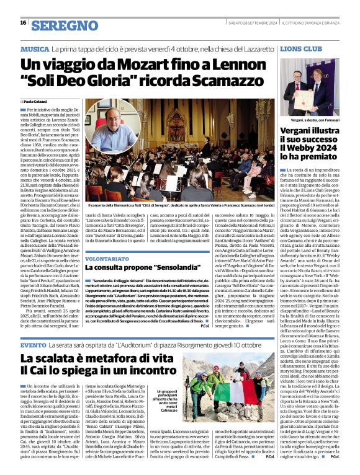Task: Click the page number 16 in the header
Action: point(23,22)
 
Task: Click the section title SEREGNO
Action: point(65,25)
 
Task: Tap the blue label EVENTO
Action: point(33,344)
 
